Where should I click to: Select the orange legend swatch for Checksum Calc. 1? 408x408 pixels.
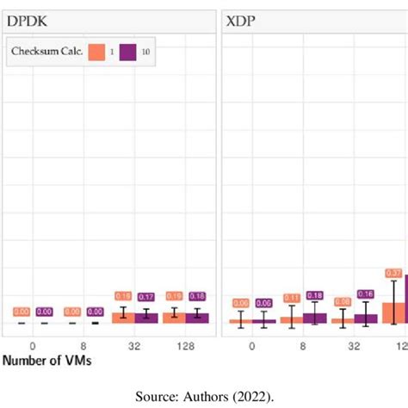(101, 51)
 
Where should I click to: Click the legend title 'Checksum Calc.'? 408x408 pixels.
(46, 51)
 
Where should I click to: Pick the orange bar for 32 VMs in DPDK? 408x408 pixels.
(123, 318)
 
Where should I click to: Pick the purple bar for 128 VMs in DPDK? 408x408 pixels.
(197, 318)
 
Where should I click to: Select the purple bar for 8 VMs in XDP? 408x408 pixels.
(315, 318)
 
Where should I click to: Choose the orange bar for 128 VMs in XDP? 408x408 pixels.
(393, 313)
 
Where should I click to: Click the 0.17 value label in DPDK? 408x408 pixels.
(146, 297)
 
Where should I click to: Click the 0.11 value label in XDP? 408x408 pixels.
(292, 298)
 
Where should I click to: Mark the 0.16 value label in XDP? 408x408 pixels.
(366, 294)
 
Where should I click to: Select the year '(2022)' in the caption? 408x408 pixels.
(253, 395)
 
